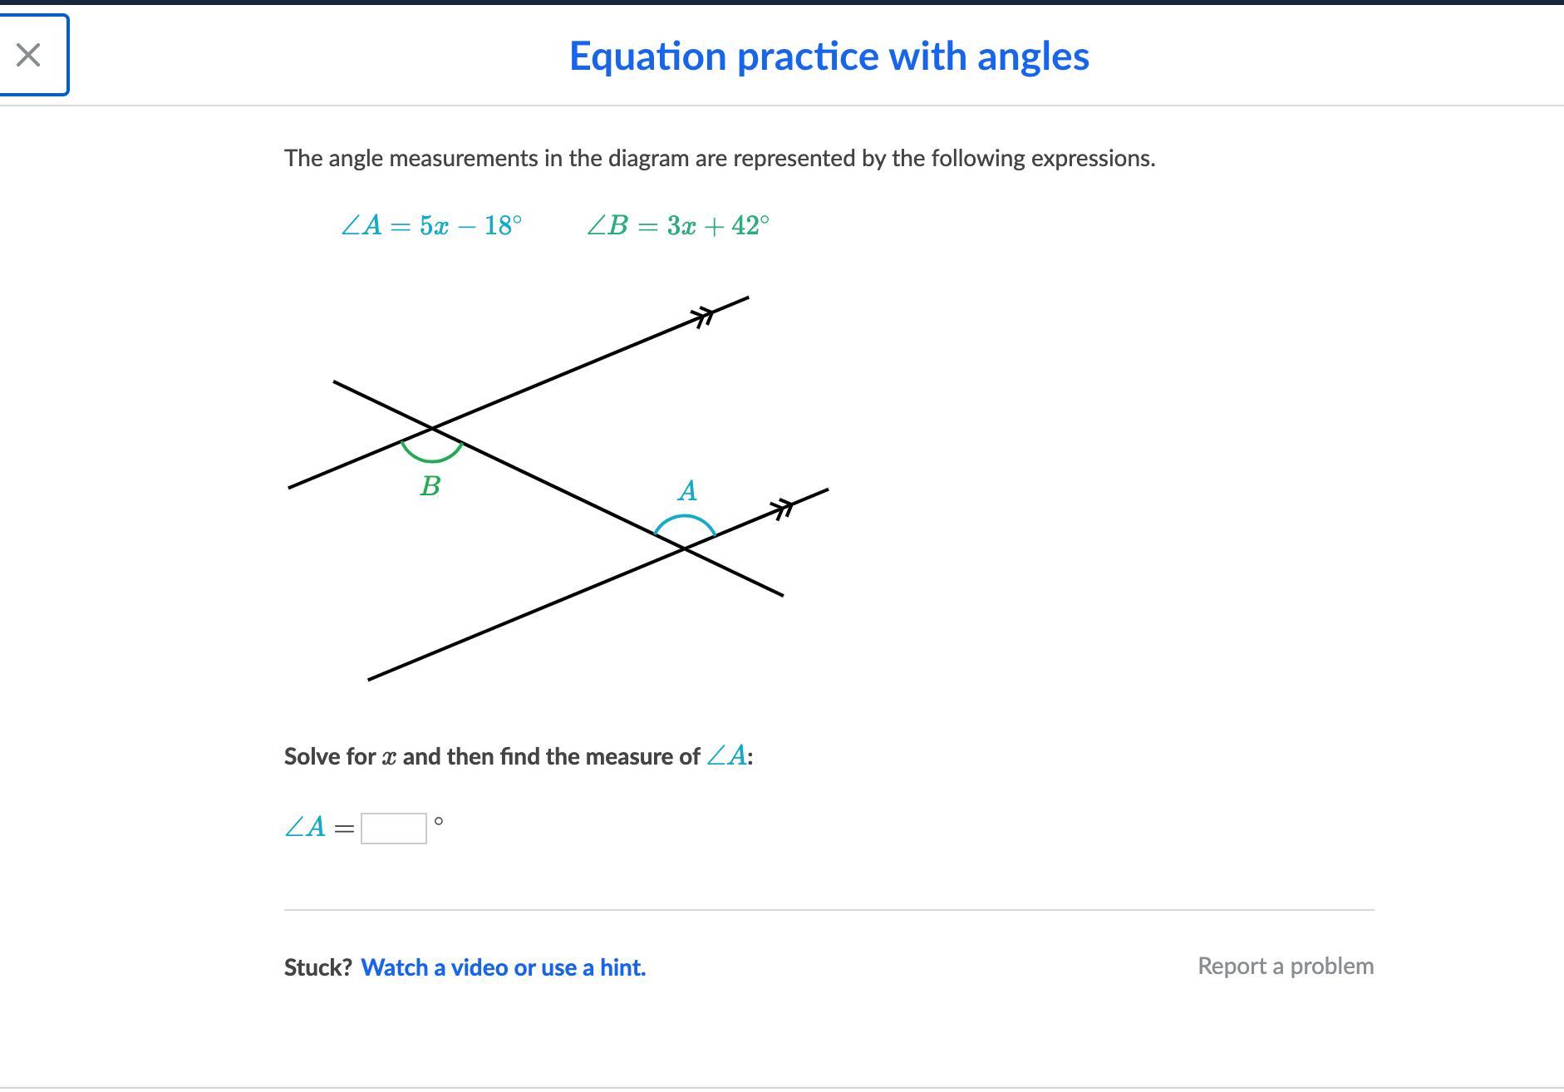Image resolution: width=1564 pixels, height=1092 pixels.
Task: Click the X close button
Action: tap(28, 55)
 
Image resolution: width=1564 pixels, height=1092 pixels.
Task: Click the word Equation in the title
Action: tap(648, 57)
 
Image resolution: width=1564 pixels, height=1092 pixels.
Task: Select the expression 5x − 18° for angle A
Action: tap(471, 225)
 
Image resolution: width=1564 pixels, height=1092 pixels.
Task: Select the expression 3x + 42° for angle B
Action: tap(718, 225)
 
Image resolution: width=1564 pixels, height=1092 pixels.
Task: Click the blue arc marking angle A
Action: tap(684, 516)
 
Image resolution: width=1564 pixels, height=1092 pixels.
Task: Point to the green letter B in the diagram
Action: tap(430, 486)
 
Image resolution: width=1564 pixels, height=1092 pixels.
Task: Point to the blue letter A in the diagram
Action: tap(687, 491)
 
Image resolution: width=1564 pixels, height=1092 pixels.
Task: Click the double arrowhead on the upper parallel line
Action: tap(703, 316)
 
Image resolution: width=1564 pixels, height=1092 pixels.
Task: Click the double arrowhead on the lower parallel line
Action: tap(781, 509)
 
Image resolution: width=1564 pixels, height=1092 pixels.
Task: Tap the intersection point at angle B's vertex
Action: tap(432, 428)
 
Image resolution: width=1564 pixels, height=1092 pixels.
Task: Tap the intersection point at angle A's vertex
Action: tap(684, 548)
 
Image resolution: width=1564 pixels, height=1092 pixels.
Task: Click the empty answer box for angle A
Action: tap(394, 828)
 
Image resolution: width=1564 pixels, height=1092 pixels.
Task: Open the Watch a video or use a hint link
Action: tap(503, 967)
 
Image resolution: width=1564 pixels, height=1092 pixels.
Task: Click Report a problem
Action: tap(1286, 967)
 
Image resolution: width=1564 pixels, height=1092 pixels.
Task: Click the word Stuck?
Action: tap(318, 967)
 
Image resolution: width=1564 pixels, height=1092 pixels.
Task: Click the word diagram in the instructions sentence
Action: tap(648, 159)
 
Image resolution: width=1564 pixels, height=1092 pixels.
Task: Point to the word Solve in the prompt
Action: tap(312, 756)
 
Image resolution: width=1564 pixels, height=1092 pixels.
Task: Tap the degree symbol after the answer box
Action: tap(439, 821)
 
